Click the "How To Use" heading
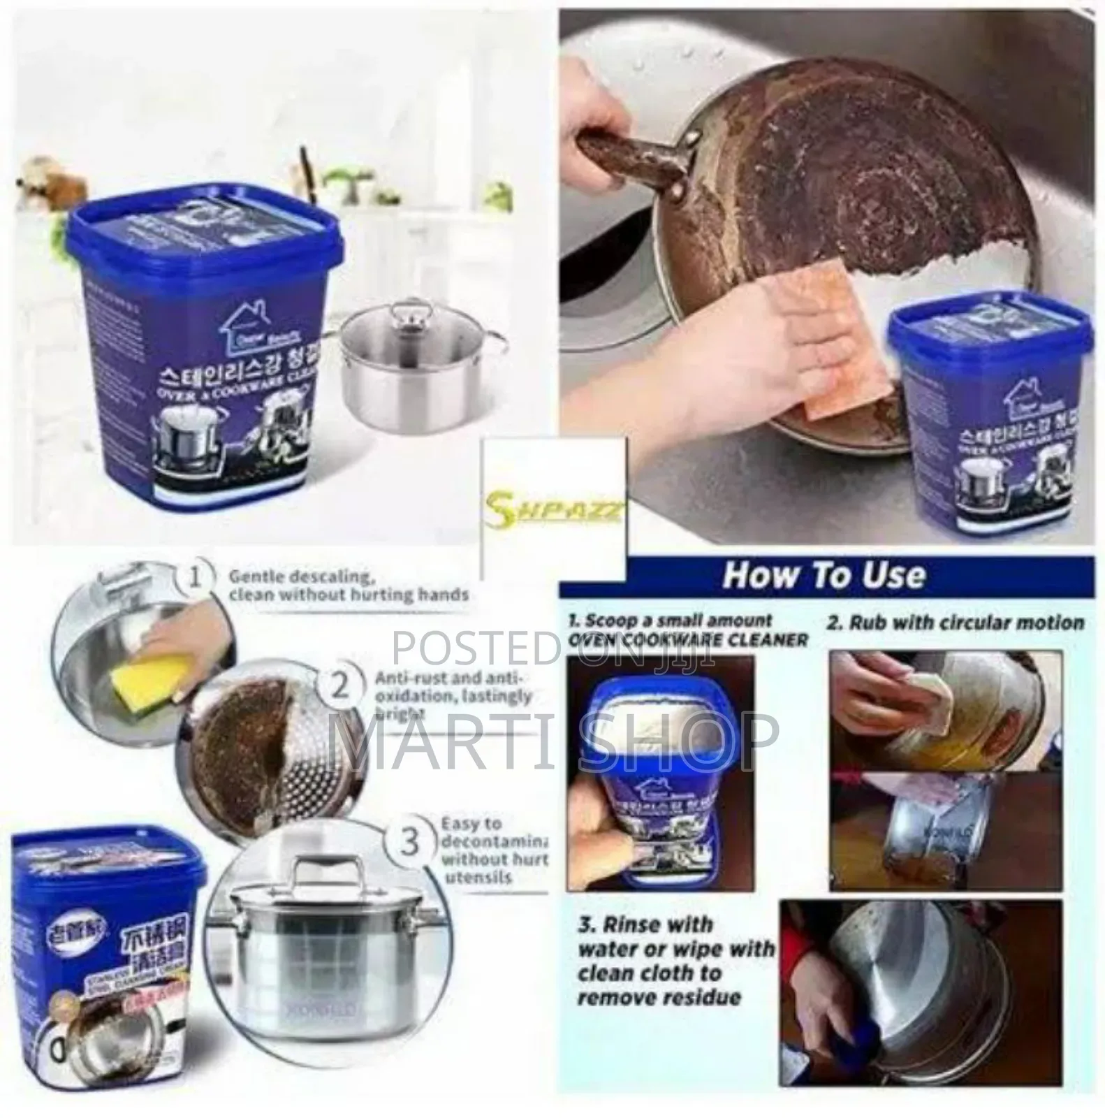click(x=824, y=574)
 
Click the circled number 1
click(x=198, y=579)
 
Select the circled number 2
click(x=339, y=688)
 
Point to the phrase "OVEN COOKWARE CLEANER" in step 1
click(x=688, y=639)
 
